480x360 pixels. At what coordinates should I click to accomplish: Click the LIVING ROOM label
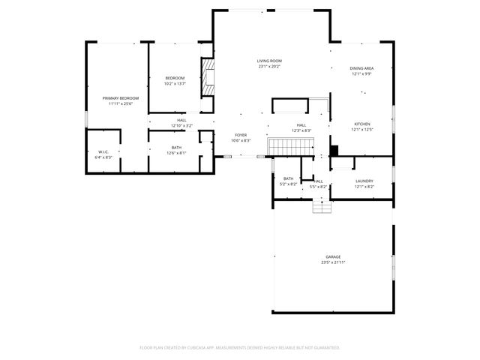[x=269, y=61]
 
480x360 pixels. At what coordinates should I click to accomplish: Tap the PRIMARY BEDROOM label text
[x=120, y=98]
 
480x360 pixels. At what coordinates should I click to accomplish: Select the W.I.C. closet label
[x=103, y=152]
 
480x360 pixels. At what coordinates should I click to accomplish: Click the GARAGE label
[x=332, y=256]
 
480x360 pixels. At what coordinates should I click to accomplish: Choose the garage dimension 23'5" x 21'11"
[x=332, y=262]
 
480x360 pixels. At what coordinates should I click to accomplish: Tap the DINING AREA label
[x=361, y=68]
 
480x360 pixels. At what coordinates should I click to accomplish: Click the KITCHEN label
[x=362, y=124]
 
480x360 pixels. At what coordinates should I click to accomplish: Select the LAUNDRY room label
[x=364, y=181]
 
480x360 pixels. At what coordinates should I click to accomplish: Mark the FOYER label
[x=240, y=135]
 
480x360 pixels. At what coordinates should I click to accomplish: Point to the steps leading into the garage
[x=321, y=205]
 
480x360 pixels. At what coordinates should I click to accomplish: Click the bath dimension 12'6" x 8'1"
[x=176, y=153]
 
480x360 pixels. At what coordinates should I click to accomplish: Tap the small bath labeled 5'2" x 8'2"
[x=288, y=181]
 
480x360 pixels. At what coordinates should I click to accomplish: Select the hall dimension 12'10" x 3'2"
[x=181, y=125]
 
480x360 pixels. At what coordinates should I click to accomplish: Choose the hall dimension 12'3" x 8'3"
[x=301, y=130]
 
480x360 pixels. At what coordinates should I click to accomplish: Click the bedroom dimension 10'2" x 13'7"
[x=175, y=84]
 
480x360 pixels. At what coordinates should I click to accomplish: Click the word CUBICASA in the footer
[x=203, y=348]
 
